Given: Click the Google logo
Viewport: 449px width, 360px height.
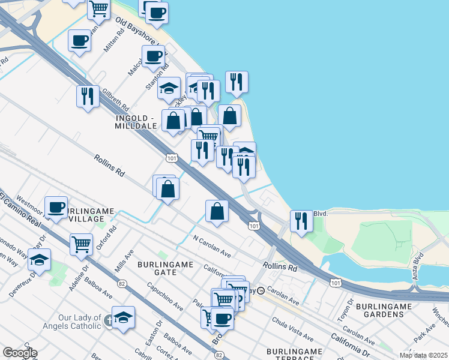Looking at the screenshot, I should (x=20, y=353).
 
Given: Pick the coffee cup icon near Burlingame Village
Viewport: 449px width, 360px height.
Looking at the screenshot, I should (x=56, y=208).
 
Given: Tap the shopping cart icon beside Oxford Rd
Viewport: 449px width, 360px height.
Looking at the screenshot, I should (x=81, y=244).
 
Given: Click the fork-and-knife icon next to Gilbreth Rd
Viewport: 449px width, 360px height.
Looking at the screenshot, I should (x=88, y=96).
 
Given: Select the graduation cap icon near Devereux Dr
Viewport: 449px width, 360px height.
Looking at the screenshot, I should (x=40, y=260).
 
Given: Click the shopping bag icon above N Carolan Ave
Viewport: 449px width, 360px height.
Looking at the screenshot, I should (x=217, y=211).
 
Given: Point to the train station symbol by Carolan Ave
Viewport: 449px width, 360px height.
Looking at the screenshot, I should (x=261, y=290).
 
